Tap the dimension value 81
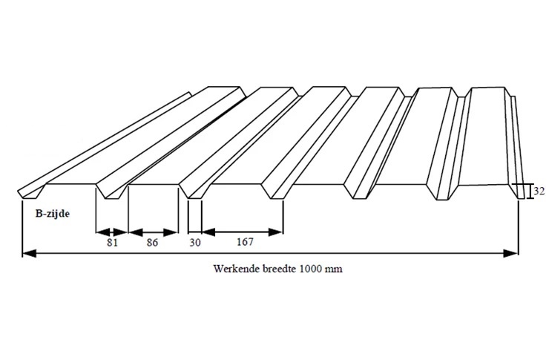(x=112, y=243)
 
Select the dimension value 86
(x=153, y=243)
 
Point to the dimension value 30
(x=195, y=243)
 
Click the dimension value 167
(x=242, y=243)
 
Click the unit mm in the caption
(x=335, y=269)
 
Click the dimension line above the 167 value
(x=242, y=232)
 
